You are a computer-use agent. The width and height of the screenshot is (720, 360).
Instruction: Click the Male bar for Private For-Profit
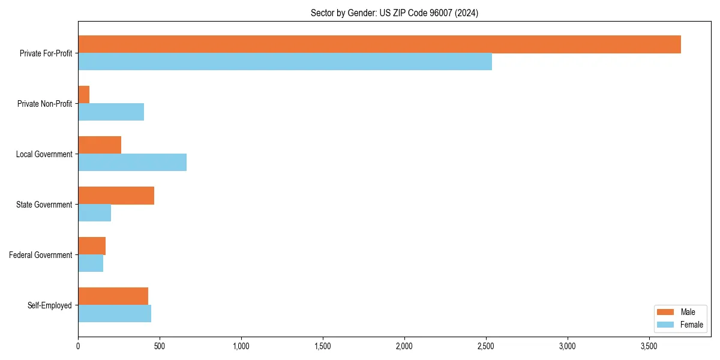379,44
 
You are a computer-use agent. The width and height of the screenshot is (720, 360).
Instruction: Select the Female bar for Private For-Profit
285,62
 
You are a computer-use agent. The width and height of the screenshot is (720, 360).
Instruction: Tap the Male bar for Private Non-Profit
84,95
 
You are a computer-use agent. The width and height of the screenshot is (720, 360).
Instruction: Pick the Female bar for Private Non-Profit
111,112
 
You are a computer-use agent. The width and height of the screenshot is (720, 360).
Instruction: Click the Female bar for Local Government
132,163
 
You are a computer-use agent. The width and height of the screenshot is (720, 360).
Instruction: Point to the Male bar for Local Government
100,145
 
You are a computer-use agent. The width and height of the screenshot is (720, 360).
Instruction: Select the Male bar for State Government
116,196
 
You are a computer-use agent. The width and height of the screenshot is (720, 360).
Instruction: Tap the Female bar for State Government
94,213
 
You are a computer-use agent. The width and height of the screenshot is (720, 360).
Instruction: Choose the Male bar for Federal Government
92,246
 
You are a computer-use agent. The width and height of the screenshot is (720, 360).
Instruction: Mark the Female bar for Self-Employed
115,314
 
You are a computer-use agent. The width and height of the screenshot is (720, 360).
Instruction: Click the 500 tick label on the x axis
160,346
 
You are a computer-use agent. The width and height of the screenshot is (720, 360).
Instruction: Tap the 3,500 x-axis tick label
649,346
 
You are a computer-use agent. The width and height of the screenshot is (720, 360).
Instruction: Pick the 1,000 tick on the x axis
241,346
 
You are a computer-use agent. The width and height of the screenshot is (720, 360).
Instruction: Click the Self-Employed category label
50,305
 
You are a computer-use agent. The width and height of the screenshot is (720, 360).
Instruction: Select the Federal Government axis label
41,255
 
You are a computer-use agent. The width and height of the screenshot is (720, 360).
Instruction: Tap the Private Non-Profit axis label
44,104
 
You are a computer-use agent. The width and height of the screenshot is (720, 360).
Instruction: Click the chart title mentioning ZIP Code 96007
394,13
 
